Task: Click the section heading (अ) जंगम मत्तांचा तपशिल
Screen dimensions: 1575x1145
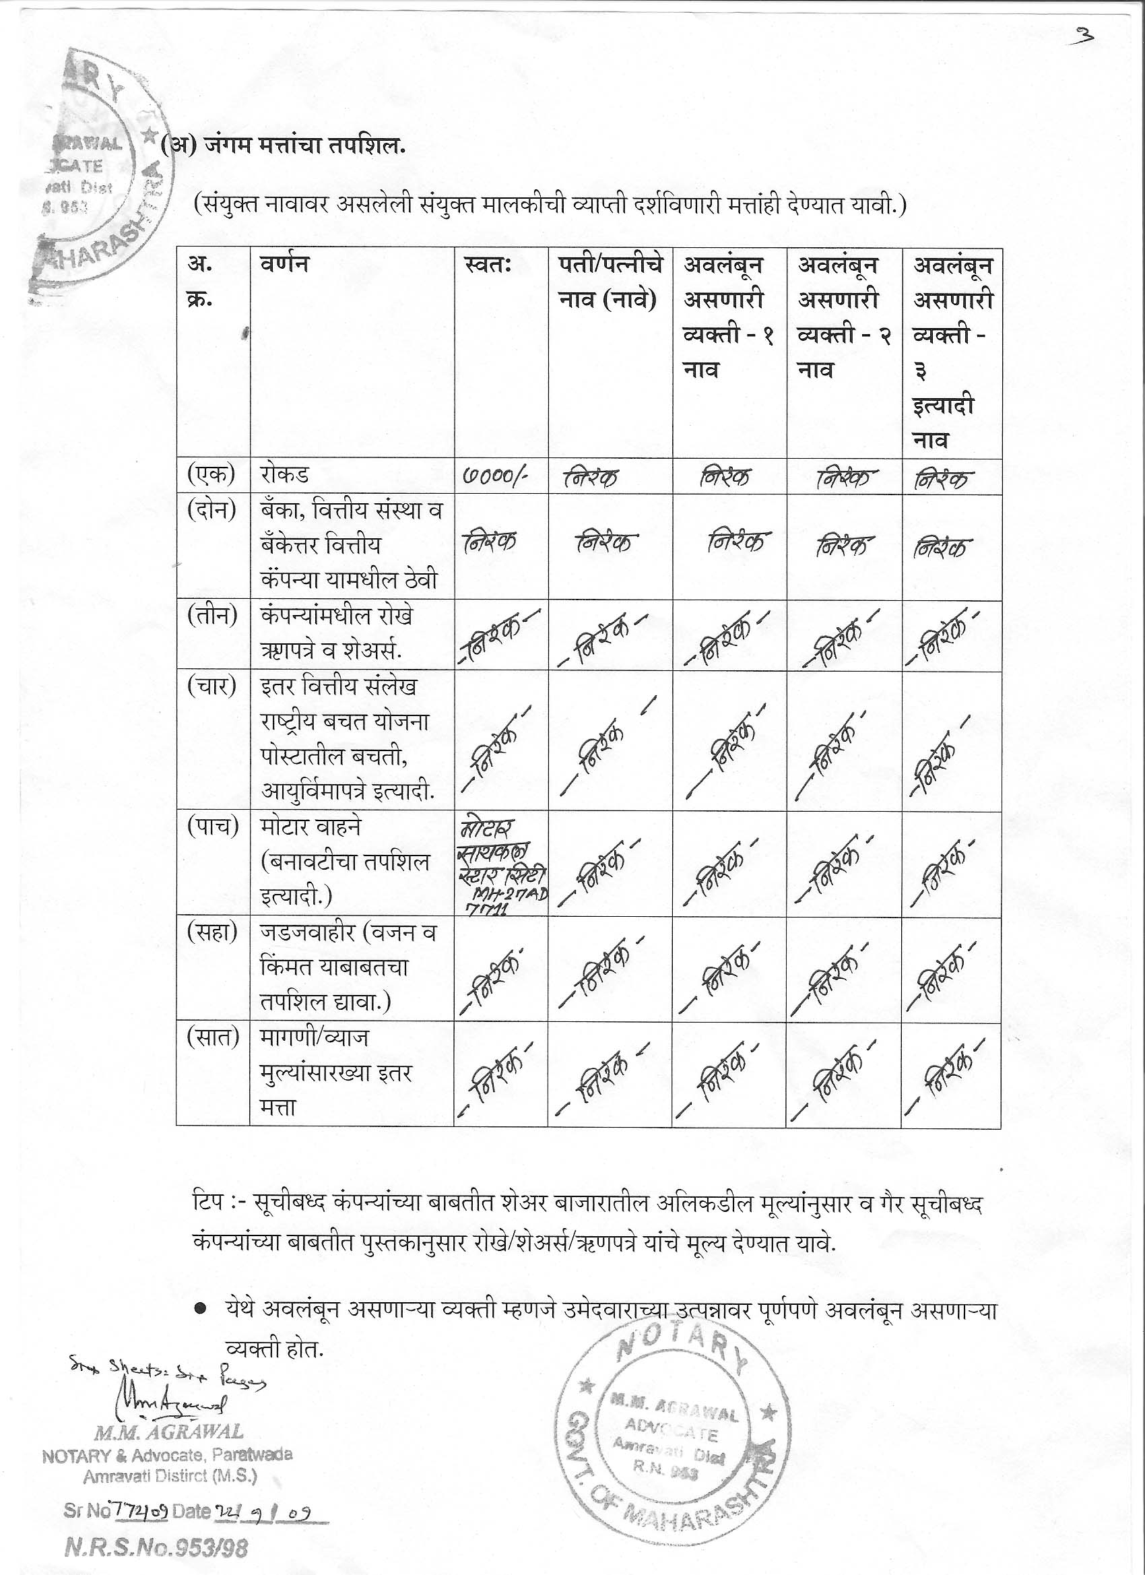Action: pos(284,148)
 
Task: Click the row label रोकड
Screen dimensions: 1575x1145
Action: pos(284,476)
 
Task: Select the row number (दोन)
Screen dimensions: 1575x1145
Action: pos(211,511)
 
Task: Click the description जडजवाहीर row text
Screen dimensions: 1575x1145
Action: pos(347,967)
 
